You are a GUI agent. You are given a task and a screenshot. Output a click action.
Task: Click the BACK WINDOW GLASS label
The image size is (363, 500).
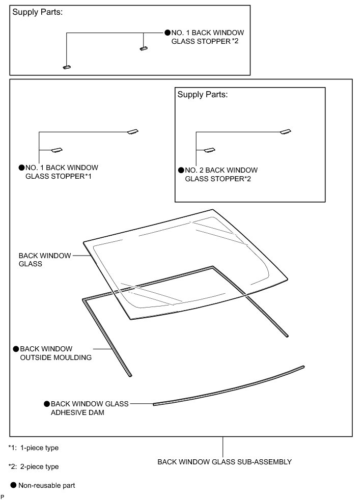(x=45, y=260)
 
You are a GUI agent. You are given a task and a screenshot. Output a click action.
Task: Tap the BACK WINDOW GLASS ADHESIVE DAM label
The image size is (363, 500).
(x=89, y=408)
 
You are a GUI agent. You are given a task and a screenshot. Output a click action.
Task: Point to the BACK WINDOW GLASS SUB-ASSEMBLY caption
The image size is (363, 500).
(x=224, y=462)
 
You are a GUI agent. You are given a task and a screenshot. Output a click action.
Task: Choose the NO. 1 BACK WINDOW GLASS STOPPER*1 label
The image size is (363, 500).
(x=61, y=172)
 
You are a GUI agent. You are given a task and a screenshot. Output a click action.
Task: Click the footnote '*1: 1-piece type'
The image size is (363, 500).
(x=34, y=448)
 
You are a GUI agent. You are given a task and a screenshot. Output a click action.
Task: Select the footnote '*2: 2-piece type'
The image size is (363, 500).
(x=34, y=466)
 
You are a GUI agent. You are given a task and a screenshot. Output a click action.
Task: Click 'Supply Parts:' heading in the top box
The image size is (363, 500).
(x=37, y=12)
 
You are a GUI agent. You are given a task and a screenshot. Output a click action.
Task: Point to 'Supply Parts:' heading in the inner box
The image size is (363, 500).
(x=202, y=95)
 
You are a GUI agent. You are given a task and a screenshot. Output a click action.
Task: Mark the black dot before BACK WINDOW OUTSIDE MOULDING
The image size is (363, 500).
(x=16, y=349)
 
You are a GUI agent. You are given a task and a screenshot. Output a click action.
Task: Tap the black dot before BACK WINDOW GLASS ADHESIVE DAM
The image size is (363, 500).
(x=47, y=404)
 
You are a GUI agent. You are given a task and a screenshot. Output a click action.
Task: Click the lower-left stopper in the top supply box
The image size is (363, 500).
(x=67, y=67)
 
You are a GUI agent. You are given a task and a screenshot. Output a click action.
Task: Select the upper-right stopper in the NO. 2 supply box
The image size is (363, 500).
(x=286, y=132)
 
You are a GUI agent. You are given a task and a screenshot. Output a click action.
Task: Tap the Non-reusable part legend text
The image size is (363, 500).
(x=46, y=486)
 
